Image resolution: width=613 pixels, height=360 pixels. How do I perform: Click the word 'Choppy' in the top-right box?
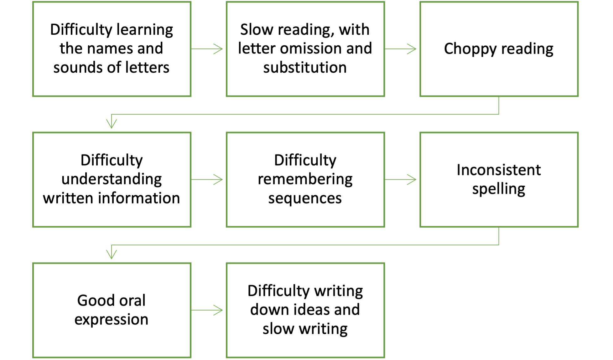pyautogui.click(x=470, y=49)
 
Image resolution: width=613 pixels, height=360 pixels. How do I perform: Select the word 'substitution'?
pyautogui.click(x=305, y=68)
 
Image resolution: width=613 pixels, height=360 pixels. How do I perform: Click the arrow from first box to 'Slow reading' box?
pyautogui.click(x=207, y=49)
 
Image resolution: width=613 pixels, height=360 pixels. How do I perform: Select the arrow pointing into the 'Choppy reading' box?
pyautogui.click(x=401, y=49)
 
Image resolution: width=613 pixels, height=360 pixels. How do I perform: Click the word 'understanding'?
pyautogui.click(x=112, y=179)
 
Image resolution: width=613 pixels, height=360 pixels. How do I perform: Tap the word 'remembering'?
pyautogui.click(x=305, y=179)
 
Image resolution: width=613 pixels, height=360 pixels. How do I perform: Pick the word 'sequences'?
pyautogui.click(x=305, y=198)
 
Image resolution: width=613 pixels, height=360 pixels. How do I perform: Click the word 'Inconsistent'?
pyautogui.click(x=499, y=170)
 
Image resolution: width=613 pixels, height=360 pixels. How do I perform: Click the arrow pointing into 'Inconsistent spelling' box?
pyautogui.click(x=401, y=179)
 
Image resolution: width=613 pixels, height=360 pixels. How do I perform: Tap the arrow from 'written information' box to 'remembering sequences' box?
pyautogui.click(x=207, y=179)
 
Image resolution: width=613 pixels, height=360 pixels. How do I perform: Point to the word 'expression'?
pyautogui.click(x=111, y=320)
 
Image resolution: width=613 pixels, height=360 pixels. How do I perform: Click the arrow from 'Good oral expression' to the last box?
pyautogui.click(x=207, y=310)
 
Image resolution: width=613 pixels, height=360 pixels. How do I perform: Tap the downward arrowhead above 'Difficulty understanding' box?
pyautogui.click(x=112, y=123)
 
